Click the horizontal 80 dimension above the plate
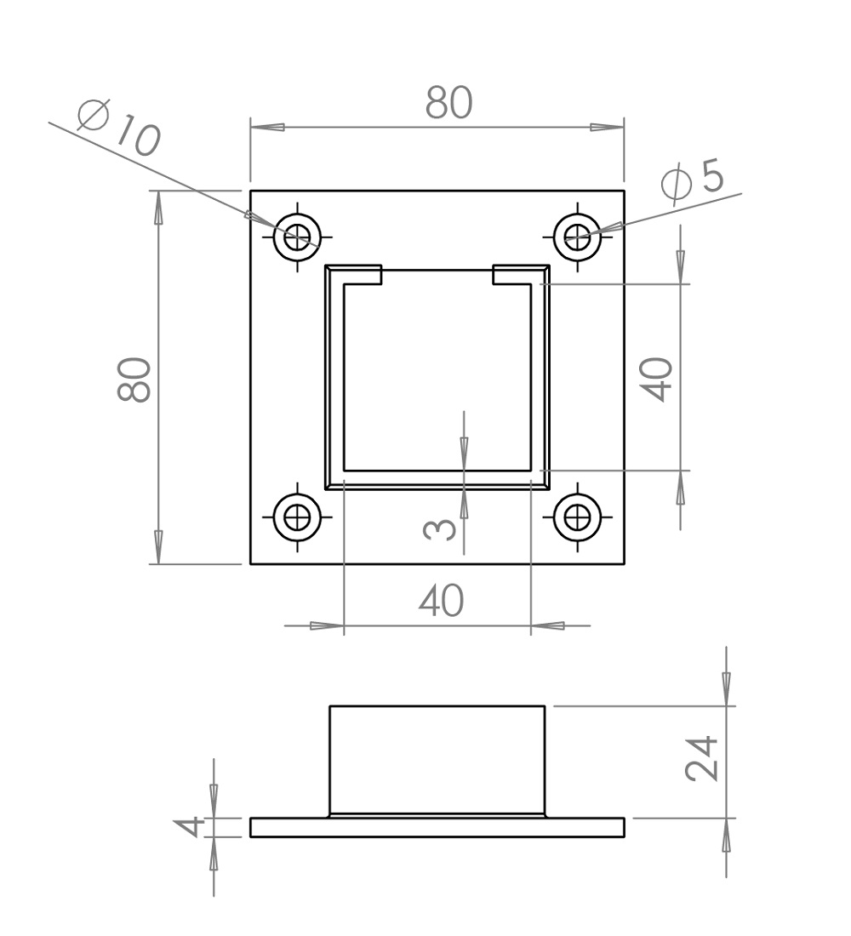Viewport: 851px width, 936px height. point(449,103)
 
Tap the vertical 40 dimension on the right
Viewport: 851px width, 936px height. point(656,379)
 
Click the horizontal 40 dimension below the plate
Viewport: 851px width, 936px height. point(442,601)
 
